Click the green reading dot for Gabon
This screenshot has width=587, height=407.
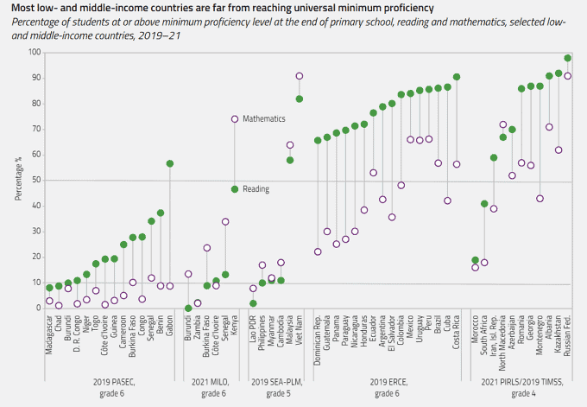[170, 163]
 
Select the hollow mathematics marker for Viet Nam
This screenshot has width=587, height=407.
[300, 76]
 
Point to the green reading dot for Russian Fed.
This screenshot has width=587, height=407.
[567, 58]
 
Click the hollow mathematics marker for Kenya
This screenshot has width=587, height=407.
[235, 119]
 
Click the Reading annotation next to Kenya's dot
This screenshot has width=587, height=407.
[256, 188]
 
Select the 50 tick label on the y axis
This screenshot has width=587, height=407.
[35, 181]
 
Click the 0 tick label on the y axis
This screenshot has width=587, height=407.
[38, 308]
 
